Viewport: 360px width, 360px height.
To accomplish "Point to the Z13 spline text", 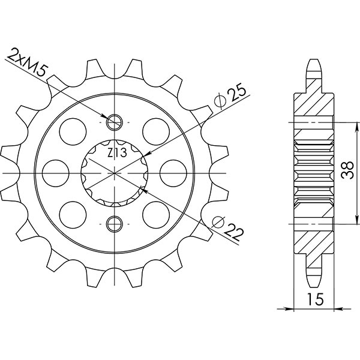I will (x=116, y=153).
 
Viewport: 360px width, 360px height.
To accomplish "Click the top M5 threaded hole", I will (x=114, y=122).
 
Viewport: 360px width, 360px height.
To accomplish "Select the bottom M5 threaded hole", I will (x=114, y=224).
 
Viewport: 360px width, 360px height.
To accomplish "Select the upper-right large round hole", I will (x=155, y=128).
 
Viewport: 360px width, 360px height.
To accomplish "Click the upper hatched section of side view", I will (x=314, y=108).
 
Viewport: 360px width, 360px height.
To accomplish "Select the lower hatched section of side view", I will (x=314, y=237).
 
